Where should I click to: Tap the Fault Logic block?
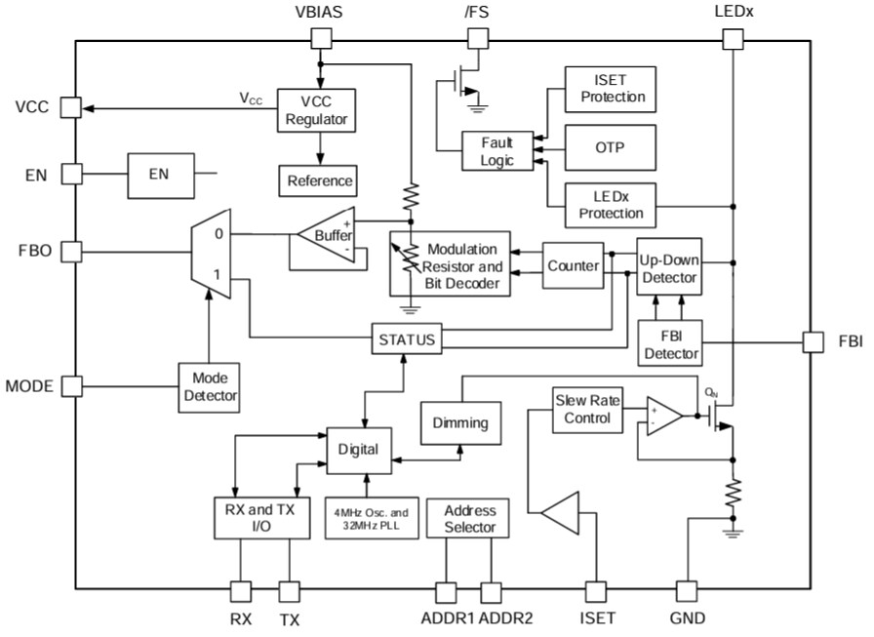[497, 150]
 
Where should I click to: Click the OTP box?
[611, 147]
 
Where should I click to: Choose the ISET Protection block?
[611, 90]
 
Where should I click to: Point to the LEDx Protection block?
[611, 205]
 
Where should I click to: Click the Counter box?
[573, 266]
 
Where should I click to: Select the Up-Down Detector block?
[669, 269]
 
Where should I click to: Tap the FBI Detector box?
[669, 343]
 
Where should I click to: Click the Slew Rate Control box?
[584, 410]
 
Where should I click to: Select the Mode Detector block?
[209, 387]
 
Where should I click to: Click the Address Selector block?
[469, 518]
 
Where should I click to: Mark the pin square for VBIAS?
[320, 39]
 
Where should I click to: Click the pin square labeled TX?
[290, 591]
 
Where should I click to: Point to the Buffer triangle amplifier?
[327, 234]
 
